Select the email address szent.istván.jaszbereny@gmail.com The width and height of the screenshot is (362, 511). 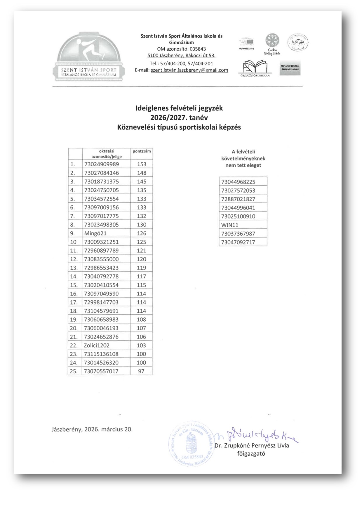[x=189, y=70]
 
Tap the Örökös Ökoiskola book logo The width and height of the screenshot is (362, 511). [x=255, y=68]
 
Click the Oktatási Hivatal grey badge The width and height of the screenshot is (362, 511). [x=290, y=68]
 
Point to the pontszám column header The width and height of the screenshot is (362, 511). [x=142, y=151]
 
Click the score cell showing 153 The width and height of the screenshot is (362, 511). [x=142, y=164]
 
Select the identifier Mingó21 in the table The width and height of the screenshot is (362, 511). [x=95, y=233]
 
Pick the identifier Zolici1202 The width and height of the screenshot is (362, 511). [x=97, y=346]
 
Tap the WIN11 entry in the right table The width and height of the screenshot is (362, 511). [x=230, y=225]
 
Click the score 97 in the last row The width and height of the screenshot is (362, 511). [x=141, y=371]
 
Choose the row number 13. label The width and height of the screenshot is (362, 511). [x=74, y=268]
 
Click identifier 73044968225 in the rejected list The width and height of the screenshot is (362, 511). [x=238, y=182]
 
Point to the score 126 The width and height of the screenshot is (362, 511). [x=142, y=233]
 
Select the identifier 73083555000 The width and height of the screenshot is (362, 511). [x=102, y=259]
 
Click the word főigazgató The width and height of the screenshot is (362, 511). [x=251, y=454]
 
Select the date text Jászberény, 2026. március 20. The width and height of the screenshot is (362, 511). [x=92, y=429]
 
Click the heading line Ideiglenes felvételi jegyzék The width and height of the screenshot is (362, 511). [x=179, y=108]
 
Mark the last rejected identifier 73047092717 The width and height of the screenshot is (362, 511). [x=238, y=242]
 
